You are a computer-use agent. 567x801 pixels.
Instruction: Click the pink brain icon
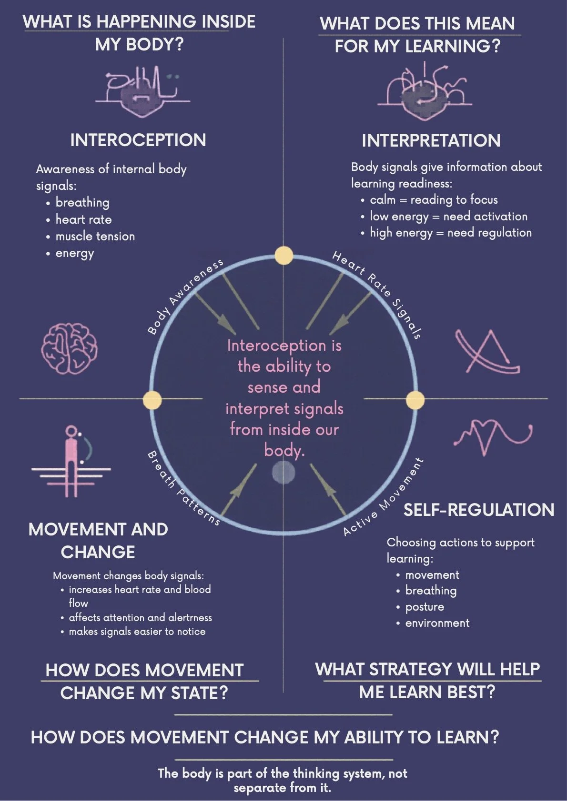click(69, 348)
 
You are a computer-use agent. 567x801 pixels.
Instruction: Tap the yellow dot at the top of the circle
click(284, 255)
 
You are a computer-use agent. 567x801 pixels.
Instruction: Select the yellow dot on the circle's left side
click(152, 399)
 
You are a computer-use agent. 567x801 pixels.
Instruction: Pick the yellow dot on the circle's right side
click(415, 399)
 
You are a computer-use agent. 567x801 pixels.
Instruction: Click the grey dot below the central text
click(283, 473)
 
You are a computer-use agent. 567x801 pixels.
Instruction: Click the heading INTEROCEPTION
click(138, 140)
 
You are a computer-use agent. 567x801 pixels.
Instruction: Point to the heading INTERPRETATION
click(431, 140)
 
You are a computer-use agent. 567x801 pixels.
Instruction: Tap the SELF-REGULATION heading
click(479, 510)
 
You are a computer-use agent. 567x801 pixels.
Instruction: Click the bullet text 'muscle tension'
click(95, 236)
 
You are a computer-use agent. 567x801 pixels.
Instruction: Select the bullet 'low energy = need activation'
click(448, 217)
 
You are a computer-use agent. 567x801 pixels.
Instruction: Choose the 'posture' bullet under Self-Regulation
click(425, 607)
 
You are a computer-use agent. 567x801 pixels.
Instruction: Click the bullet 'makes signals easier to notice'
click(137, 632)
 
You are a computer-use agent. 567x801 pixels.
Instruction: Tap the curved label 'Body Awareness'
click(185, 296)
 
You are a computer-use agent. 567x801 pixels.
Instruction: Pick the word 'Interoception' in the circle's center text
click(277, 346)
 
